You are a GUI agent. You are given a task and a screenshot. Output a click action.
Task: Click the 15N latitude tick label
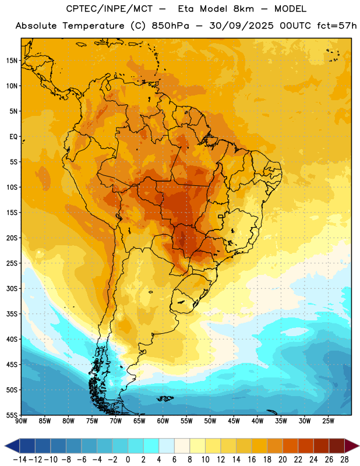(12, 61)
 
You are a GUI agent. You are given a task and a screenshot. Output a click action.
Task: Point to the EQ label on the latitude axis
(13, 137)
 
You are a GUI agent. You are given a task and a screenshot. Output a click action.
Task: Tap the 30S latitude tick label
(12, 288)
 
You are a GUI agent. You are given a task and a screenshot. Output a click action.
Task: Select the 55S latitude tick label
(12, 415)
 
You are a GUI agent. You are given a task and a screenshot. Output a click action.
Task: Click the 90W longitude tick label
(21, 421)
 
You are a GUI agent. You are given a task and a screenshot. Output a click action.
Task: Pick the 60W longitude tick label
(163, 421)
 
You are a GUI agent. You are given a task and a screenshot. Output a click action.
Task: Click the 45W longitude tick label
(234, 421)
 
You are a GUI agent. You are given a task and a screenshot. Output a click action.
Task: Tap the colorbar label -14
(20, 460)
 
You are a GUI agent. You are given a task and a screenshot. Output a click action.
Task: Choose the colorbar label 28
(344, 460)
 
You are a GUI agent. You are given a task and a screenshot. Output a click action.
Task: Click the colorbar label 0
(128, 460)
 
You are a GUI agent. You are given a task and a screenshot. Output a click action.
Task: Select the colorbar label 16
(252, 460)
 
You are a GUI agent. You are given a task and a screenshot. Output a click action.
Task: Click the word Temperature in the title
(93, 26)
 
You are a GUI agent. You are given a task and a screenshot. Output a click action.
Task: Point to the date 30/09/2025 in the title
(241, 26)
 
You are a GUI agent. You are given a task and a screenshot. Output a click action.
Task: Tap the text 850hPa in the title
(170, 26)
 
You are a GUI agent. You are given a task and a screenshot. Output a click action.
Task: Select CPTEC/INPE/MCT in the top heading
(110, 9)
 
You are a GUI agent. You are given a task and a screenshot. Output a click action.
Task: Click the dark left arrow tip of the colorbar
(5, 446)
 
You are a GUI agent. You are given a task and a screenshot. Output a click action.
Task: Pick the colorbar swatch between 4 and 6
(167, 446)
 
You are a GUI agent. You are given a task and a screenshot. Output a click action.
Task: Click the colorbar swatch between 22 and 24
(306, 446)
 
